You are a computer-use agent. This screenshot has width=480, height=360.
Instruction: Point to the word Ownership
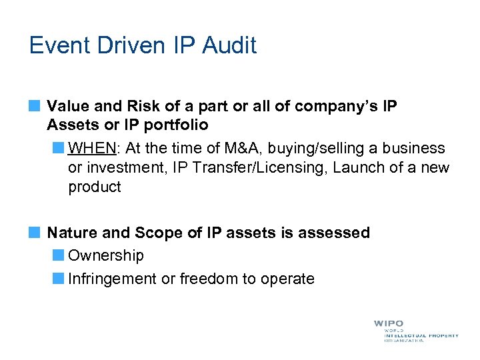[106, 255]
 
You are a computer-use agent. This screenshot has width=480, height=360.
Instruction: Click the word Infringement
[113, 279]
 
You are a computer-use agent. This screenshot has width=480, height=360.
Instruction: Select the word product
[95, 187]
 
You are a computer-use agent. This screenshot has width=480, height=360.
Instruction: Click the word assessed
[334, 233]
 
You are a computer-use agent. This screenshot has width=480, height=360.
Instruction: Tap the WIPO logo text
[388, 324]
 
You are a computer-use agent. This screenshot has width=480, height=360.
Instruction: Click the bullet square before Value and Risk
[35, 105]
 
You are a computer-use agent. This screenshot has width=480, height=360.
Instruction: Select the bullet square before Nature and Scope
[35, 232]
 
